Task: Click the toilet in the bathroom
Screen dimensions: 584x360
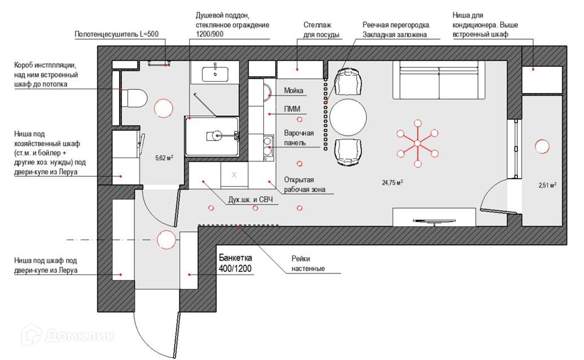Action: pos(134,98)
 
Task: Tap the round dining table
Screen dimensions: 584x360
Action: pos(348,117)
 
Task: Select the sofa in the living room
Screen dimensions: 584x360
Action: pos(439,80)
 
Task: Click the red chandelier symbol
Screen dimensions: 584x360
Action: pos(417,143)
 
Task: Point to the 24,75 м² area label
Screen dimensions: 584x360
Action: pos(393,182)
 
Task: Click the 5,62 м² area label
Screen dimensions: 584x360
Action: pos(164,158)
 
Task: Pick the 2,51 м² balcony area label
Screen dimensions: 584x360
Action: pos(547,185)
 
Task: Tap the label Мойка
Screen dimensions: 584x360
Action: pos(294,90)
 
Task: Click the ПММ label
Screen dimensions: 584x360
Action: pos(292,109)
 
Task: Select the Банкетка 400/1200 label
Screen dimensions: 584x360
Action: pos(236,263)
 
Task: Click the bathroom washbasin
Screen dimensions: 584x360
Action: pos(215,74)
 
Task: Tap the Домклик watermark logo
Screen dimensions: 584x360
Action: pos(68,335)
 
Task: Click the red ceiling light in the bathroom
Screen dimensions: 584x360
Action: pos(163,108)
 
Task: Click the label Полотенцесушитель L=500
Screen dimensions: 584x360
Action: pos(116,34)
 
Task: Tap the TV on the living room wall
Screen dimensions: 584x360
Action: pos(434,222)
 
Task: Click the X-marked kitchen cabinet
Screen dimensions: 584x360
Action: pos(234,175)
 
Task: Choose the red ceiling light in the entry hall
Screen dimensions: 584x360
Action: pos(166,239)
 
